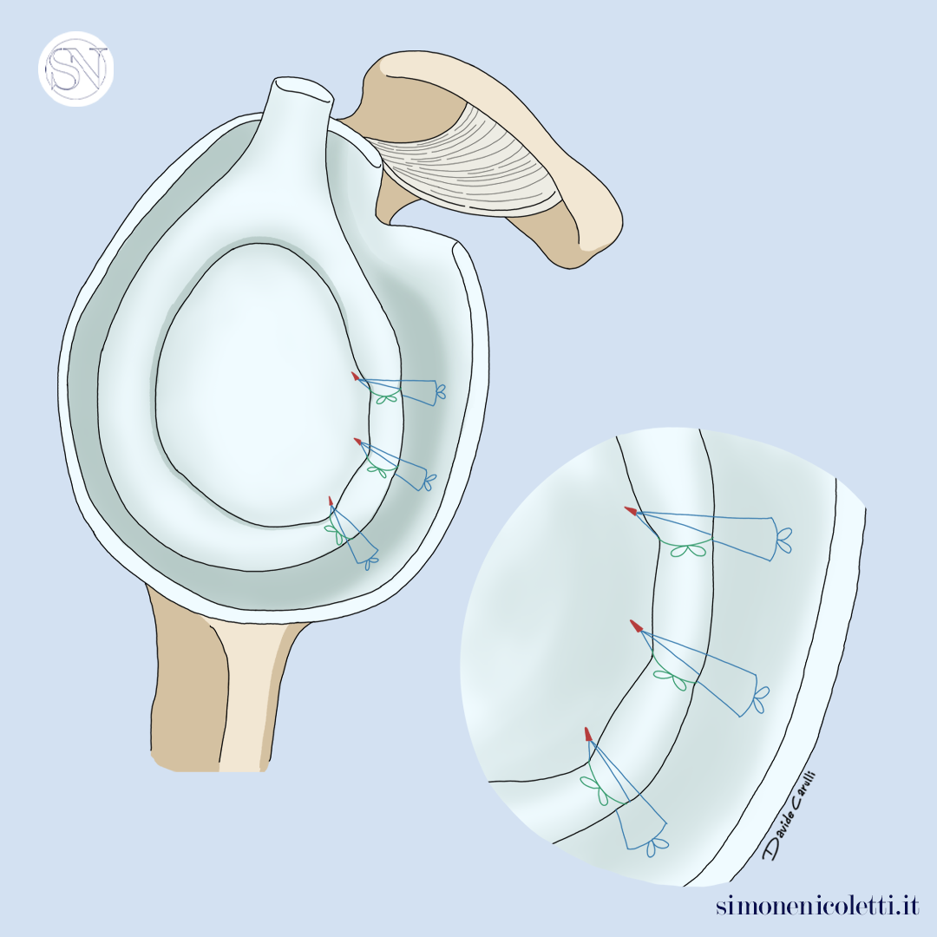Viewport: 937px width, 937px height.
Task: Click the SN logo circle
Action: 75,69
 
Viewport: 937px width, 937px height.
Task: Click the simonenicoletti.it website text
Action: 817,905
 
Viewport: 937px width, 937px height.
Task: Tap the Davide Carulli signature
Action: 790,816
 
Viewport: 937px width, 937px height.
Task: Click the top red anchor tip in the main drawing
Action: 355,376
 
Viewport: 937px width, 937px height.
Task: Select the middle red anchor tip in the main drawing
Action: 358,441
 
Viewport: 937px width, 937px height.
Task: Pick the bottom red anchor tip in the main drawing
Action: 331,501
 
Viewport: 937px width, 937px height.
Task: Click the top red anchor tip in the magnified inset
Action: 631,511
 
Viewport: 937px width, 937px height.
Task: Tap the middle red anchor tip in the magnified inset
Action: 637,626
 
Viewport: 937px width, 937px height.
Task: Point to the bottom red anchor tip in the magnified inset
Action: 588,734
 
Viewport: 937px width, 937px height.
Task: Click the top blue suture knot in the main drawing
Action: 441,391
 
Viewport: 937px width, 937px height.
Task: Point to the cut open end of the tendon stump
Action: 303,90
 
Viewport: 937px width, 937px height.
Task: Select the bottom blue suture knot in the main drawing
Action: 371,562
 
